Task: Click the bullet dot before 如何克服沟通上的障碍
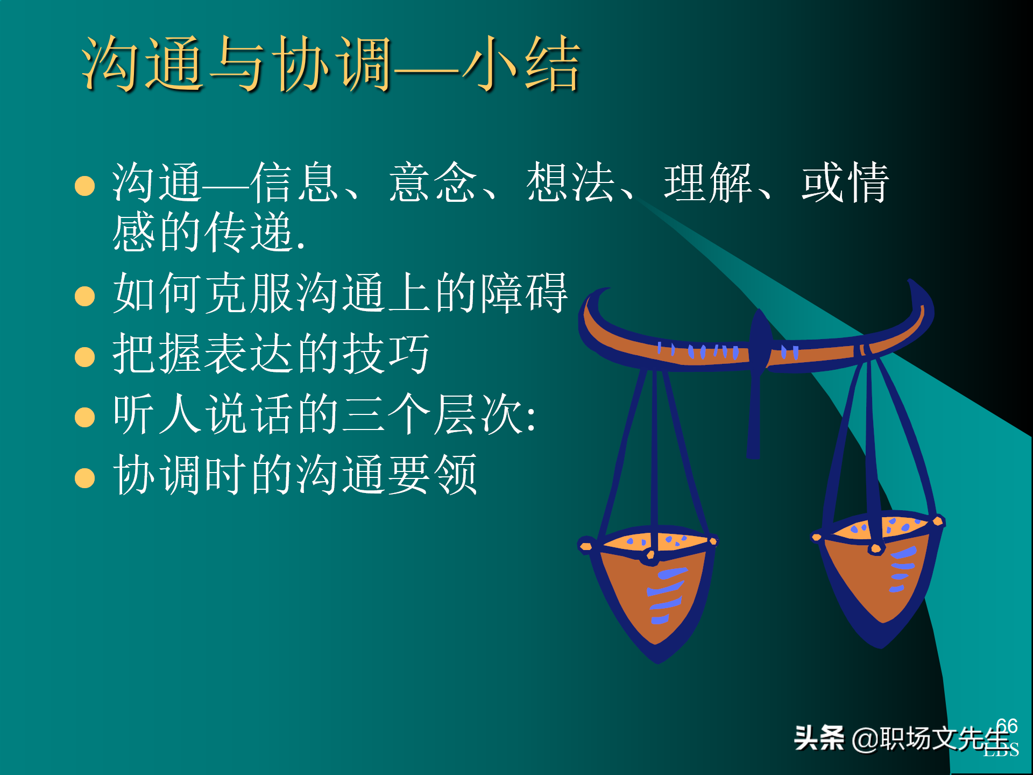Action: pyautogui.click(x=85, y=296)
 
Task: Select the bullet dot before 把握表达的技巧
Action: pyautogui.click(x=85, y=356)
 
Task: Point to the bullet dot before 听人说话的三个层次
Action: pyautogui.click(x=85, y=417)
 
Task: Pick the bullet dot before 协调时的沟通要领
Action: pyautogui.click(x=85, y=477)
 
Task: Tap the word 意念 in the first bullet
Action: pyautogui.click(x=433, y=183)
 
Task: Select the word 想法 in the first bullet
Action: pyautogui.click(x=570, y=183)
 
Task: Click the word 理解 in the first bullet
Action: pyautogui.click(x=708, y=183)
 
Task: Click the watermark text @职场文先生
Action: pyautogui.click(x=931, y=738)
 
